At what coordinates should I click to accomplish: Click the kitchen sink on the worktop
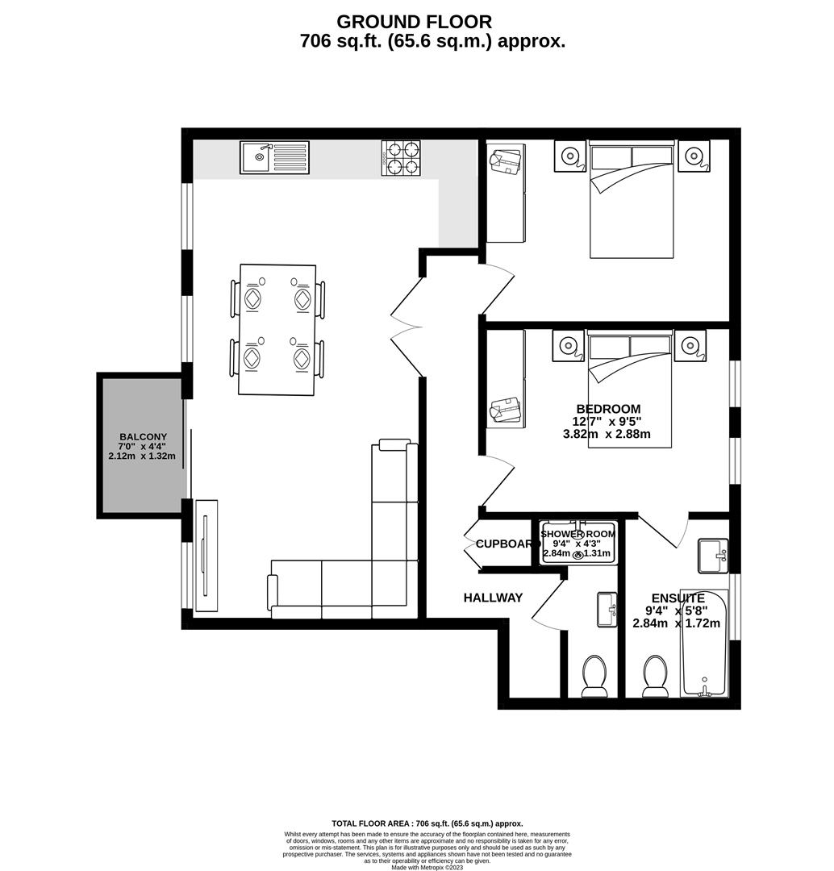[274, 157]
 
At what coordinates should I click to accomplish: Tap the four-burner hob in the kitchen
[401, 158]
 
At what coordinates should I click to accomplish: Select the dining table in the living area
[277, 330]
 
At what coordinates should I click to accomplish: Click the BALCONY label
[143, 436]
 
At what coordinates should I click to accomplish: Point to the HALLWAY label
[493, 598]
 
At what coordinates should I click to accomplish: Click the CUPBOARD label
[506, 544]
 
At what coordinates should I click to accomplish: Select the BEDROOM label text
[608, 409]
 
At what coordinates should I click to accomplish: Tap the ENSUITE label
[678, 598]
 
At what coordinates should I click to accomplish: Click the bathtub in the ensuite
[704, 644]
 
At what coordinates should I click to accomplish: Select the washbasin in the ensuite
[712, 556]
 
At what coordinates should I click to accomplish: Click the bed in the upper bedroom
[632, 199]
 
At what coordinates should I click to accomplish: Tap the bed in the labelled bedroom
[630, 389]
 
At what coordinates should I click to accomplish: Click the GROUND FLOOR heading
[414, 22]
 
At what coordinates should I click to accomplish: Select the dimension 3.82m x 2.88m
[607, 433]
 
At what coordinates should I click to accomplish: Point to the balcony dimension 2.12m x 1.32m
[143, 456]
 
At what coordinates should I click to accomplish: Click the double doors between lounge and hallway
[407, 327]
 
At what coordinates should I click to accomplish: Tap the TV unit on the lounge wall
[206, 556]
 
